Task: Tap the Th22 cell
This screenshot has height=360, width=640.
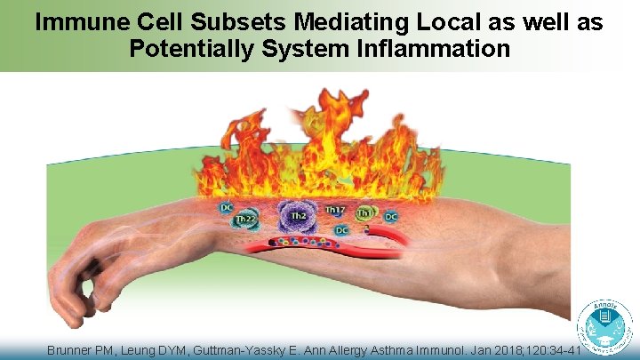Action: coord(244,220)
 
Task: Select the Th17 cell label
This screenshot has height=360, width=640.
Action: coord(335,210)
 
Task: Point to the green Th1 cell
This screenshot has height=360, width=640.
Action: coord(365,213)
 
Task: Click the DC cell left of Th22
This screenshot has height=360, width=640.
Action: coord(227,208)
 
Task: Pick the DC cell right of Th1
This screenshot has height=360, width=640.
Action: coord(390,216)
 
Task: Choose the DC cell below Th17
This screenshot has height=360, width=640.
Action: coord(341,230)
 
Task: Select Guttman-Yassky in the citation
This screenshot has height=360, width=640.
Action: coord(257,351)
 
